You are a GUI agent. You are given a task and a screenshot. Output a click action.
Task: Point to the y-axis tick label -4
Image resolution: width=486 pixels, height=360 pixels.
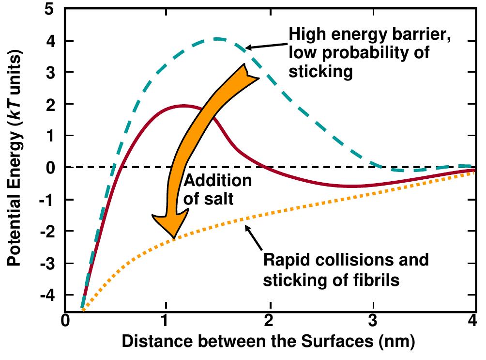tap(52, 295)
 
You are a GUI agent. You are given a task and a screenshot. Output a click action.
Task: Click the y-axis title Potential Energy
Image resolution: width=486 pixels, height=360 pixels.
tap(16, 160)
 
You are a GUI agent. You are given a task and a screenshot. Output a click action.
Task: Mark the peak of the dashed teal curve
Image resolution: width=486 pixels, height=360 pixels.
tap(218, 39)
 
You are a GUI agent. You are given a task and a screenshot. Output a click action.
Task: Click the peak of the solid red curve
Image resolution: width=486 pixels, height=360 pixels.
tap(183, 105)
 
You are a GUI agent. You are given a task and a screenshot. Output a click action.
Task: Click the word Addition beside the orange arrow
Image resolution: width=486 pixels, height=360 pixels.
tap(217, 181)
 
